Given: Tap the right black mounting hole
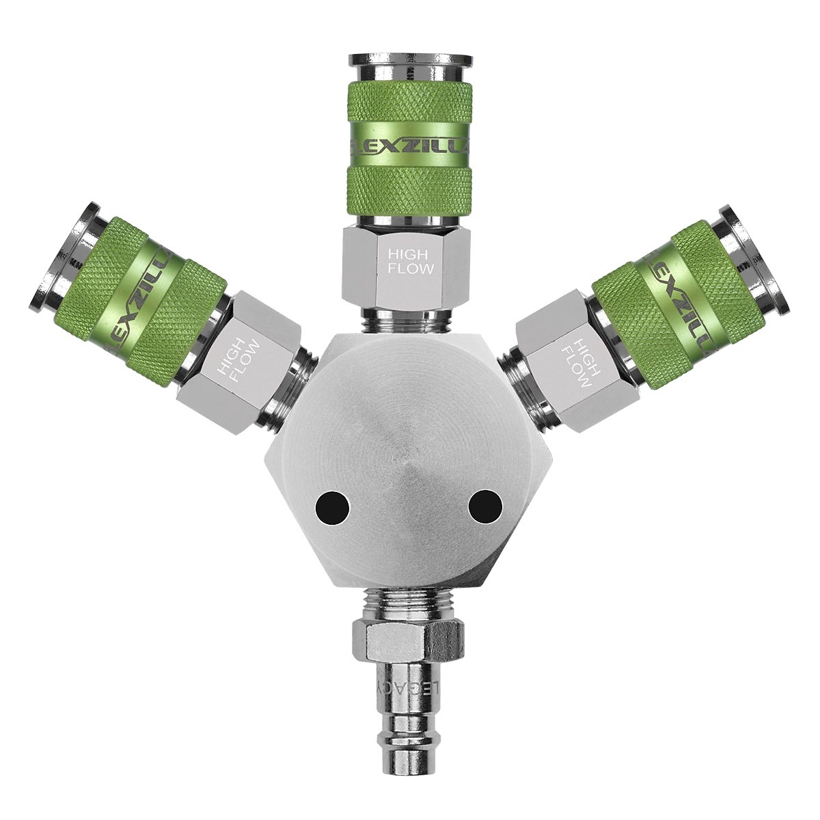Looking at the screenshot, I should point(486,507).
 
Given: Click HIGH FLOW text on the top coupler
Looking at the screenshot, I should point(410,262).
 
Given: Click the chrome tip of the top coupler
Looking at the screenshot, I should point(410,68).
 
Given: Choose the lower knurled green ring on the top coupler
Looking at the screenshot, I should point(410,193).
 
